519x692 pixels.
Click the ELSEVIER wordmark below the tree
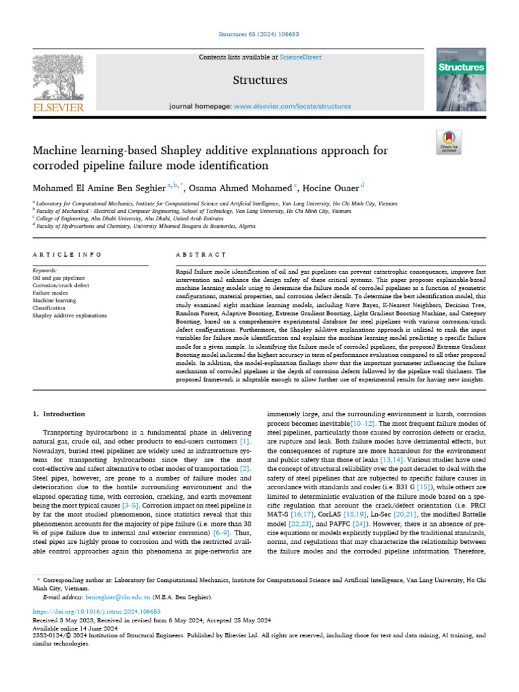click(59, 107)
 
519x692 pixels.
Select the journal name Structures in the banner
click(260, 80)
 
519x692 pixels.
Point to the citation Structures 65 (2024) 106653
click(259, 32)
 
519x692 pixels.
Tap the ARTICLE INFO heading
click(67, 254)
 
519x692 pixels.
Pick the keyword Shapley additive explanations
click(70, 316)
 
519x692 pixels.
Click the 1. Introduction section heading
click(59, 414)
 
